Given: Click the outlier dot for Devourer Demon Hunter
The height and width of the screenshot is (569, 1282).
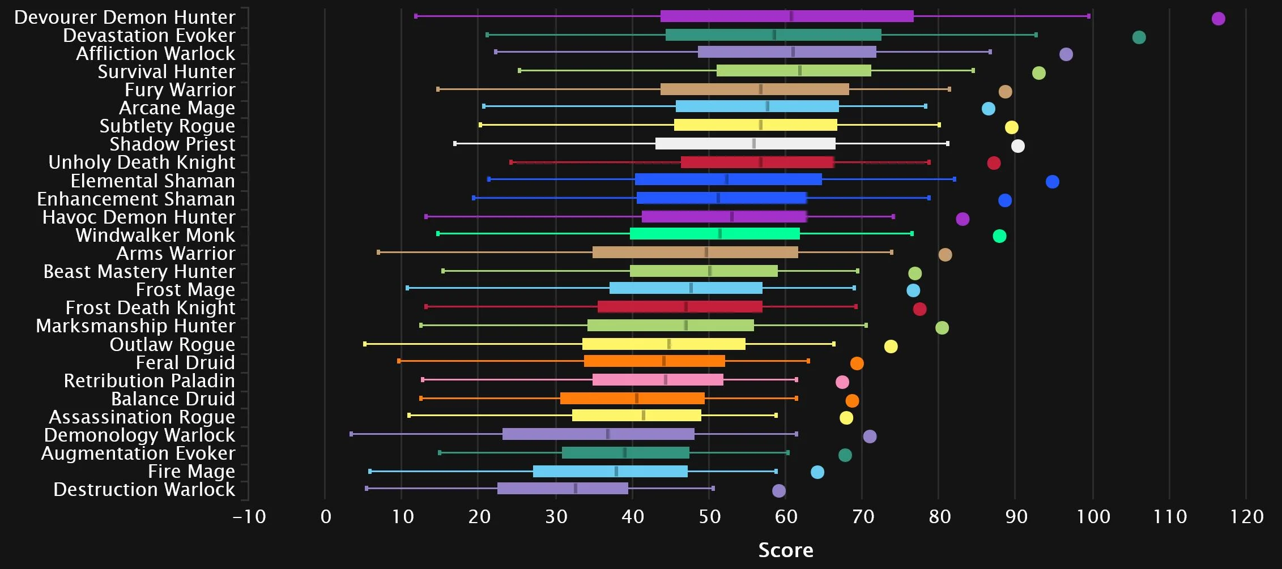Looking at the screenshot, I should (1218, 19).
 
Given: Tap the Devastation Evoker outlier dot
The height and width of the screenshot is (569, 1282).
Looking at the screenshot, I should (1139, 37).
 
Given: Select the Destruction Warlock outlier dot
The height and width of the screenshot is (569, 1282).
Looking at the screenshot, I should (779, 491).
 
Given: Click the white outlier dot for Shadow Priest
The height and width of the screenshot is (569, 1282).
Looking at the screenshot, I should (1017, 146).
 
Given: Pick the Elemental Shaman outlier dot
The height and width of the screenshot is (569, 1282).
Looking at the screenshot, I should (1052, 182).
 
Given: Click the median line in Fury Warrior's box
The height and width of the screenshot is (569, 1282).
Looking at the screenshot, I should (761, 89).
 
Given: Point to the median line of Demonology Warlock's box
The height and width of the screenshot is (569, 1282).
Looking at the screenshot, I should (608, 434).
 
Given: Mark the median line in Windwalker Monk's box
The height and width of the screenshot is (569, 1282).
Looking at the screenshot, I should (719, 234).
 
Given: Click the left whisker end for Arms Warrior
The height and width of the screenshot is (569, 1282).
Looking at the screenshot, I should (378, 252).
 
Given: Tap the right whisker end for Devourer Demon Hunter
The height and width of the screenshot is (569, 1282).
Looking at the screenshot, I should (1088, 16).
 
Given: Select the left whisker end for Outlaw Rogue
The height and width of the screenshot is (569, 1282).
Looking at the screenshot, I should (365, 344).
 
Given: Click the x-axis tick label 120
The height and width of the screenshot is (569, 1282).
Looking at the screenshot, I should (1246, 517).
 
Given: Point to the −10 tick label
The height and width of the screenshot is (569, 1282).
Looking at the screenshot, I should (249, 517).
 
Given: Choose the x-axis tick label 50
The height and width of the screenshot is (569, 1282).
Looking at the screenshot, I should (709, 517).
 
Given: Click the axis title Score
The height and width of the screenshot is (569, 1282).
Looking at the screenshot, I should (785, 550).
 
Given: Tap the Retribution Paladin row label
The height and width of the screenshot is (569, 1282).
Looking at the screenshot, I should (149, 381).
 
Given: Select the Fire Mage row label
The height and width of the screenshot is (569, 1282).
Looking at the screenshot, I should (191, 472).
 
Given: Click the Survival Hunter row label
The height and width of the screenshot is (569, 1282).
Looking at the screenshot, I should (166, 72).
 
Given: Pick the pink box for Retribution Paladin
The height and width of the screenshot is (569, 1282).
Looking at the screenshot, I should (657, 380).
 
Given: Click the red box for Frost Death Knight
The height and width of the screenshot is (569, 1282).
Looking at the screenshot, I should (679, 307).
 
